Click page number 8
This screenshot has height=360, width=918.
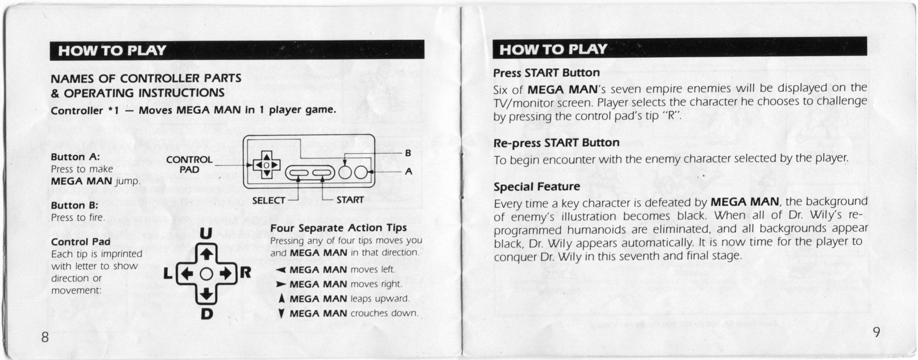click(x=45, y=337)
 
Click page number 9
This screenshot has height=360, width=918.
click(x=876, y=332)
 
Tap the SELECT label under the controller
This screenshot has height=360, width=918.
click(x=268, y=201)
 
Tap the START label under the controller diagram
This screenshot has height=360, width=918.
click(x=350, y=200)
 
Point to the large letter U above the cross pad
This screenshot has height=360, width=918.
click(x=206, y=233)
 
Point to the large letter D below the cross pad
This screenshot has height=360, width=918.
click(x=207, y=314)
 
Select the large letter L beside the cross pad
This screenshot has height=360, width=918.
click(x=168, y=273)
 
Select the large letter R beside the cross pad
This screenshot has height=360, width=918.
click(x=245, y=272)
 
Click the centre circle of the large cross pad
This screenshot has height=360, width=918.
click(x=206, y=274)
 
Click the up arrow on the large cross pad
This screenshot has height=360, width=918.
click(x=206, y=254)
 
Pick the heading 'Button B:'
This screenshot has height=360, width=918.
click(x=75, y=205)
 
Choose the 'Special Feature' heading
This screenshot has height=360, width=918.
click(x=536, y=187)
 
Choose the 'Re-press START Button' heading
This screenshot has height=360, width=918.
click(x=556, y=143)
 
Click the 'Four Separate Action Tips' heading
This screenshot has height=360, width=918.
click(x=339, y=228)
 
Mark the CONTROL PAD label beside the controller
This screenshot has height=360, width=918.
click(x=190, y=165)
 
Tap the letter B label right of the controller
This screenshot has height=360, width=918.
click(x=408, y=153)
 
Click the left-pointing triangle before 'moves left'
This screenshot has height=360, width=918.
click(x=281, y=270)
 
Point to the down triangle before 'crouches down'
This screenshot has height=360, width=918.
click(x=281, y=313)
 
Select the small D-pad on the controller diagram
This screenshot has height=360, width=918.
click(x=266, y=165)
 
